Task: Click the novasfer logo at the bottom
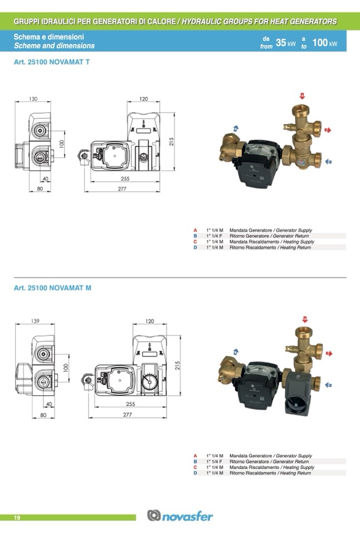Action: point(180,516)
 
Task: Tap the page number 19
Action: point(17,518)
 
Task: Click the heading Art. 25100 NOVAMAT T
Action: point(51,62)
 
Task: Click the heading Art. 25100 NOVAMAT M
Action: point(52,288)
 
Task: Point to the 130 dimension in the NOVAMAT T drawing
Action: point(33,99)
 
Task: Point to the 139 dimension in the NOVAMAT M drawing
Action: point(35,321)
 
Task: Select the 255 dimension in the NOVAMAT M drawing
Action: point(130,404)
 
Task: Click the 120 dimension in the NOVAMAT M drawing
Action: point(149,321)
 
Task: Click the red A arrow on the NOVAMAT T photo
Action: point(302,96)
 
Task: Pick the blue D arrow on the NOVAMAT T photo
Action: point(329,161)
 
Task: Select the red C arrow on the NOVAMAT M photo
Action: point(329,353)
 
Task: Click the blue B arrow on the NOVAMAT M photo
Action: point(236,351)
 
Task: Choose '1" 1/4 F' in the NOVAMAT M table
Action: point(215,462)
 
